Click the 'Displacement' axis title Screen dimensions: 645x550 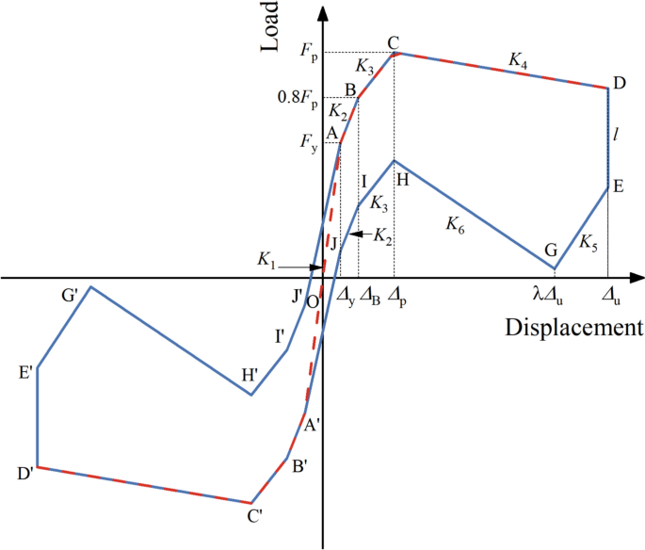[x=573, y=327]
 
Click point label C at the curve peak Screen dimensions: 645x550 [x=394, y=43]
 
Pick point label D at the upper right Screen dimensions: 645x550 [x=619, y=85]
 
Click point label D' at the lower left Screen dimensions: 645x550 [x=25, y=473]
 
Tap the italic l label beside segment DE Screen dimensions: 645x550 [x=616, y=136]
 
